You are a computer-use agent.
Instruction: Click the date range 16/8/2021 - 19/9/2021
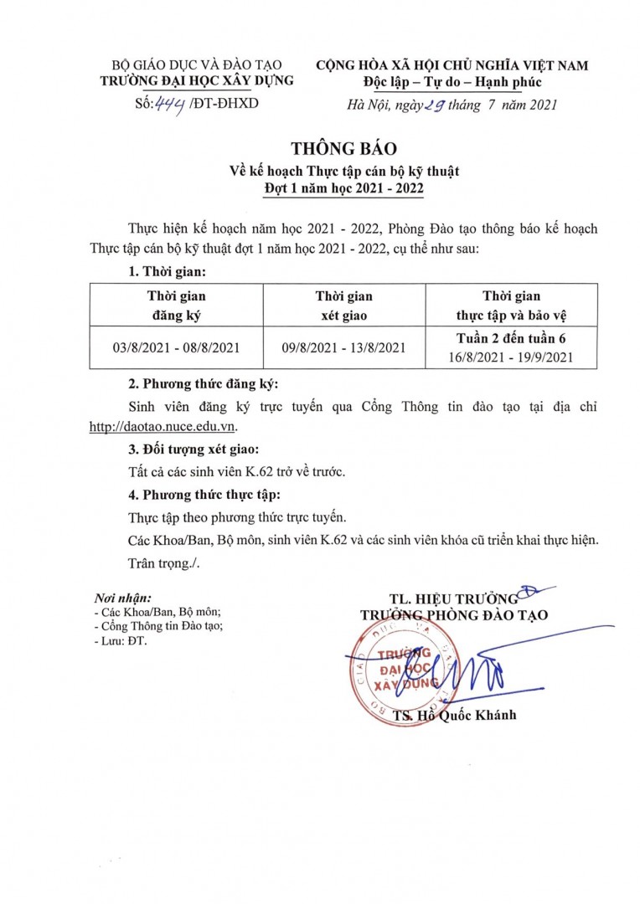click(511, 357)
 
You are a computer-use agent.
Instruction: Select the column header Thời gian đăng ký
click(176, 306)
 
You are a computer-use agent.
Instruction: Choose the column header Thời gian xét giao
click(343, 306)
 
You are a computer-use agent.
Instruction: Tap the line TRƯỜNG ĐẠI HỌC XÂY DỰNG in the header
click(197, 81)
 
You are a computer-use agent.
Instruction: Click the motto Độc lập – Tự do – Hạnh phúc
click(452, 81)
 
